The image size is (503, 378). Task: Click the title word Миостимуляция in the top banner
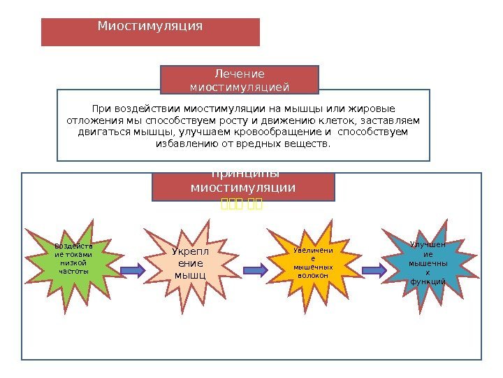point(150,27)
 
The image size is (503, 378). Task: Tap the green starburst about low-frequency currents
point(73,260)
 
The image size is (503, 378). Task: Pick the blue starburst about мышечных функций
point(428,262)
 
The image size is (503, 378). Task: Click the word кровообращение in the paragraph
point(280,132)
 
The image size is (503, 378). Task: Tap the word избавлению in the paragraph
point(180,144)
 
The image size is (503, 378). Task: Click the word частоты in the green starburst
point(73,270)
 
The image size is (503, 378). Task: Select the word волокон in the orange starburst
point(312,275)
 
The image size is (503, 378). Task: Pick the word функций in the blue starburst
point(428,281)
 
